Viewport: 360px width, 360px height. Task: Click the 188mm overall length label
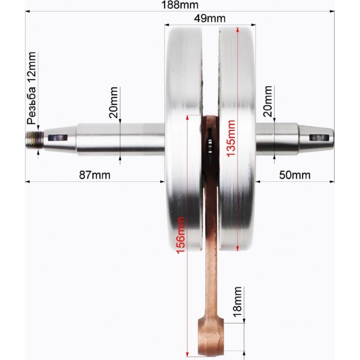(180, 5)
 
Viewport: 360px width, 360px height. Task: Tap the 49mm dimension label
(210, 18)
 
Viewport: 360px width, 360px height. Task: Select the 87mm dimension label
(94, 175)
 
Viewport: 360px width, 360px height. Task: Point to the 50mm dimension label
(295, 175)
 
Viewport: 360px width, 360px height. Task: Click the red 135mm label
(231, 139)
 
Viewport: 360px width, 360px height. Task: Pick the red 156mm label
(180, 235)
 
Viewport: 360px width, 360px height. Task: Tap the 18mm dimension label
(238, 302)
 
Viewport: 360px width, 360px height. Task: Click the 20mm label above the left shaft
(113, 103)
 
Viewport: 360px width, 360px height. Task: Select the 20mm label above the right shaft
(268, 101)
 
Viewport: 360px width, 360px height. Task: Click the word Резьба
(31, 106)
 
